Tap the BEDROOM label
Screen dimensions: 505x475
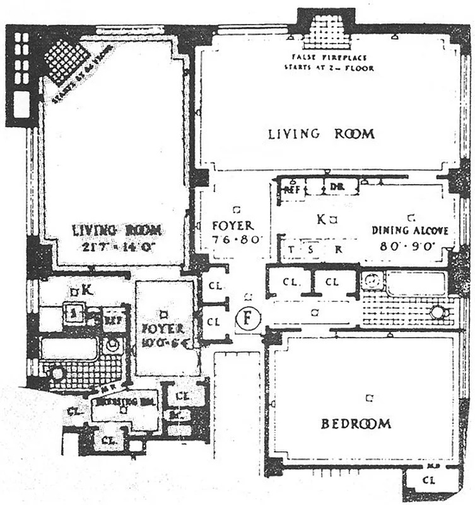(x=356, y=424)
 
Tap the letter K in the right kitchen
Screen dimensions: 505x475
(x=320, y=220)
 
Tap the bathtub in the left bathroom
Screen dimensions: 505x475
(x=69, y=348)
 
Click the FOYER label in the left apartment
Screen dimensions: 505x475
(x=163, y=329)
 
